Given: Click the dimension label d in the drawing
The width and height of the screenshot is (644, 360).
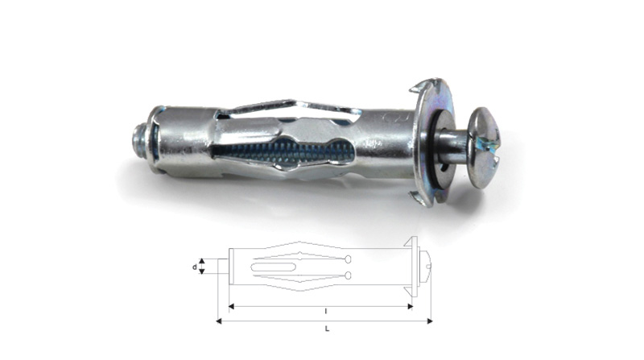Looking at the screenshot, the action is pyautogui.click(x=195, y=267).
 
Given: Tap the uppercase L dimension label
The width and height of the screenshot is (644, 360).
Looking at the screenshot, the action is pyautogui.click(x=327, y=329).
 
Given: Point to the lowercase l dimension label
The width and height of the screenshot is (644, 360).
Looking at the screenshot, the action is pyautogui.click(x=326, y=312).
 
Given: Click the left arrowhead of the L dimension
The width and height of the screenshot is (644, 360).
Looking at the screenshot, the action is pyautogui.click(x=219, y=321).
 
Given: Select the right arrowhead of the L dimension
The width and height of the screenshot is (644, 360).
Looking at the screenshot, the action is pyautogui.click(x=430, y=321).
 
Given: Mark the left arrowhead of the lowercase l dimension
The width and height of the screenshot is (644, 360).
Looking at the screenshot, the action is pyautogui.click(x=231, y=306).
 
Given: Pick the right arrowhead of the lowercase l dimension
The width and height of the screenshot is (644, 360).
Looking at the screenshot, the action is pyautogui.click(x=410, y=306).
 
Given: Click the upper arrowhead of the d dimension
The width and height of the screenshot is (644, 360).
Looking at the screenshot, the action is pyautogui.click(x=202, y=261).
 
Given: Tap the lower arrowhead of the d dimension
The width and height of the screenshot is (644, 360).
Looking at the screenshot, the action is pyautogui.click(x=202, y=271).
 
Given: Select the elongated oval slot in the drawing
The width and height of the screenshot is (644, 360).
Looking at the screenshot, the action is pyautogui.click(x=273, y=267).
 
